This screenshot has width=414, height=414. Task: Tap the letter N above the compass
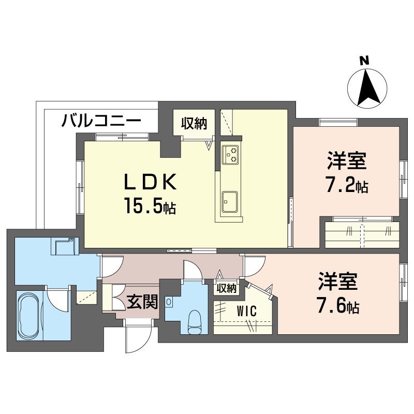click(x=365, y=61)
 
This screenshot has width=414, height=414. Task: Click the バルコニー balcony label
click(x=101, y=122)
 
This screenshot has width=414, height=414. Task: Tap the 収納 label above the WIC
click(x=226, y=288)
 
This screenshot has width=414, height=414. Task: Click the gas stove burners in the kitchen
click(x=230, y=154)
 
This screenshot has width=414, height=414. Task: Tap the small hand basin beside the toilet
click(x=169, y=302)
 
